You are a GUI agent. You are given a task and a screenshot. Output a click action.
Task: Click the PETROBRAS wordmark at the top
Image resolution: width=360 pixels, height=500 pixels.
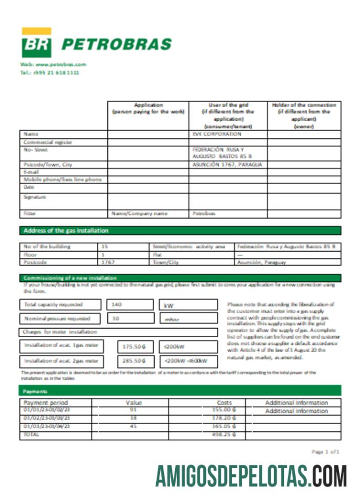(116, 44)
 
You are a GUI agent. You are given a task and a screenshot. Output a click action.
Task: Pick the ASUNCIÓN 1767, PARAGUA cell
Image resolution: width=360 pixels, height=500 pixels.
(227, 165)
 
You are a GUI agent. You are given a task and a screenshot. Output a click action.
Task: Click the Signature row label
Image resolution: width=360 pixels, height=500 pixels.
(35, 197)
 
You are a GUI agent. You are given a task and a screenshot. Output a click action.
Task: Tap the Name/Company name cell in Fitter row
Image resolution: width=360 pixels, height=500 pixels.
(139, 214)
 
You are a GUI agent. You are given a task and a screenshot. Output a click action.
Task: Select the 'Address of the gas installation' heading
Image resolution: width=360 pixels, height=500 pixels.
(66, 231)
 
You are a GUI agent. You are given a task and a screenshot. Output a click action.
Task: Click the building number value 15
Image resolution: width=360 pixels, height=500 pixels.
(105, 246)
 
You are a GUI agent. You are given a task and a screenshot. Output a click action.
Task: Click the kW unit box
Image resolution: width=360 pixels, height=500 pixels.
(188, 305)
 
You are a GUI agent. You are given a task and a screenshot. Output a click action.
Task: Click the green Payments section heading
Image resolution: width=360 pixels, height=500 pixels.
(35, 391)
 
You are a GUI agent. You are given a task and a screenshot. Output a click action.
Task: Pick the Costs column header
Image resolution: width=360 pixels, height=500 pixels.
(224, 403)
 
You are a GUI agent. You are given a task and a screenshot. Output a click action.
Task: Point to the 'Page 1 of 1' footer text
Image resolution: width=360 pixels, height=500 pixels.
(325, 451)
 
